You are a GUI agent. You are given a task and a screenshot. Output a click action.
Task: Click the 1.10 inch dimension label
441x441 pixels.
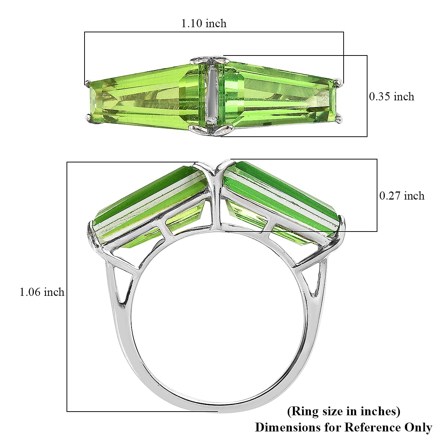204,24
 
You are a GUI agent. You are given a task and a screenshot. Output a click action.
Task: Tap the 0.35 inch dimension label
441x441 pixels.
391,97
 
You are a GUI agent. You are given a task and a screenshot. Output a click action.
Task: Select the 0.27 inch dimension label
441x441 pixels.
402,196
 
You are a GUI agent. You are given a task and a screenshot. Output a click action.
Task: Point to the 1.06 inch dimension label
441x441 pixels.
42,292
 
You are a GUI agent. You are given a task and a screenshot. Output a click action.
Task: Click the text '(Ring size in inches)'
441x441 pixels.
344,411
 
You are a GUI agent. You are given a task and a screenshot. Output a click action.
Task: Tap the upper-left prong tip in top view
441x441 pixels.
87,83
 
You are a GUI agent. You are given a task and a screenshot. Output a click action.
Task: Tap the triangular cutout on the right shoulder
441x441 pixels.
313,281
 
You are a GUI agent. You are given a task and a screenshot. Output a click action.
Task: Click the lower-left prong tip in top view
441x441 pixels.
88,117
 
